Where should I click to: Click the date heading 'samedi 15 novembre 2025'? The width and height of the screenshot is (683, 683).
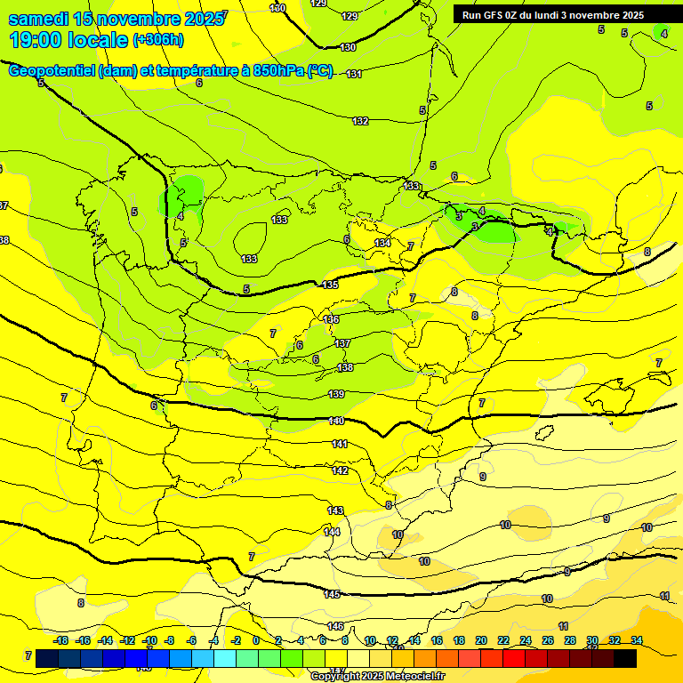tap(117, 19)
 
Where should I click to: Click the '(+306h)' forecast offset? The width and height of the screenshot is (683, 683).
tap(158, 40)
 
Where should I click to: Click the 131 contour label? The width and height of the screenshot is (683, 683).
tap(354, 74)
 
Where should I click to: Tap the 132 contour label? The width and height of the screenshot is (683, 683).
tap(360, 121)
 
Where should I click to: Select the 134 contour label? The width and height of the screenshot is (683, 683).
tap(382, 243)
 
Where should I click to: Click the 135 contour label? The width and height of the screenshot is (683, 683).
tap(330, 285)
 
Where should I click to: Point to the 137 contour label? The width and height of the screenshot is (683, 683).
tap(343, 343)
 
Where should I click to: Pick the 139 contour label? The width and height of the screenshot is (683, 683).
tap(336, 394)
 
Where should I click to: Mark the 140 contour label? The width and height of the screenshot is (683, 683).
tap(336, 421)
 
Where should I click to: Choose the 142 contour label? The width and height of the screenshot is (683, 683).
tap(340, 470)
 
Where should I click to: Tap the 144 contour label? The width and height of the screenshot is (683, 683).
tap(332, 532)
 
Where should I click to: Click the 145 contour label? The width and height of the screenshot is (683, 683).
tap(332, 594)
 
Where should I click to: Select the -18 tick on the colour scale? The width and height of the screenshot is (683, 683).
tap(61, 640)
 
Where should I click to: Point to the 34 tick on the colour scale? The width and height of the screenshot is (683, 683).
tap(637, 640)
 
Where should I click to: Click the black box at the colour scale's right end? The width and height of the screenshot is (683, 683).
tap(625, 658)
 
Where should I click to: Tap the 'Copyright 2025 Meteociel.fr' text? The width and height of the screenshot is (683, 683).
tap(377, 676)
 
